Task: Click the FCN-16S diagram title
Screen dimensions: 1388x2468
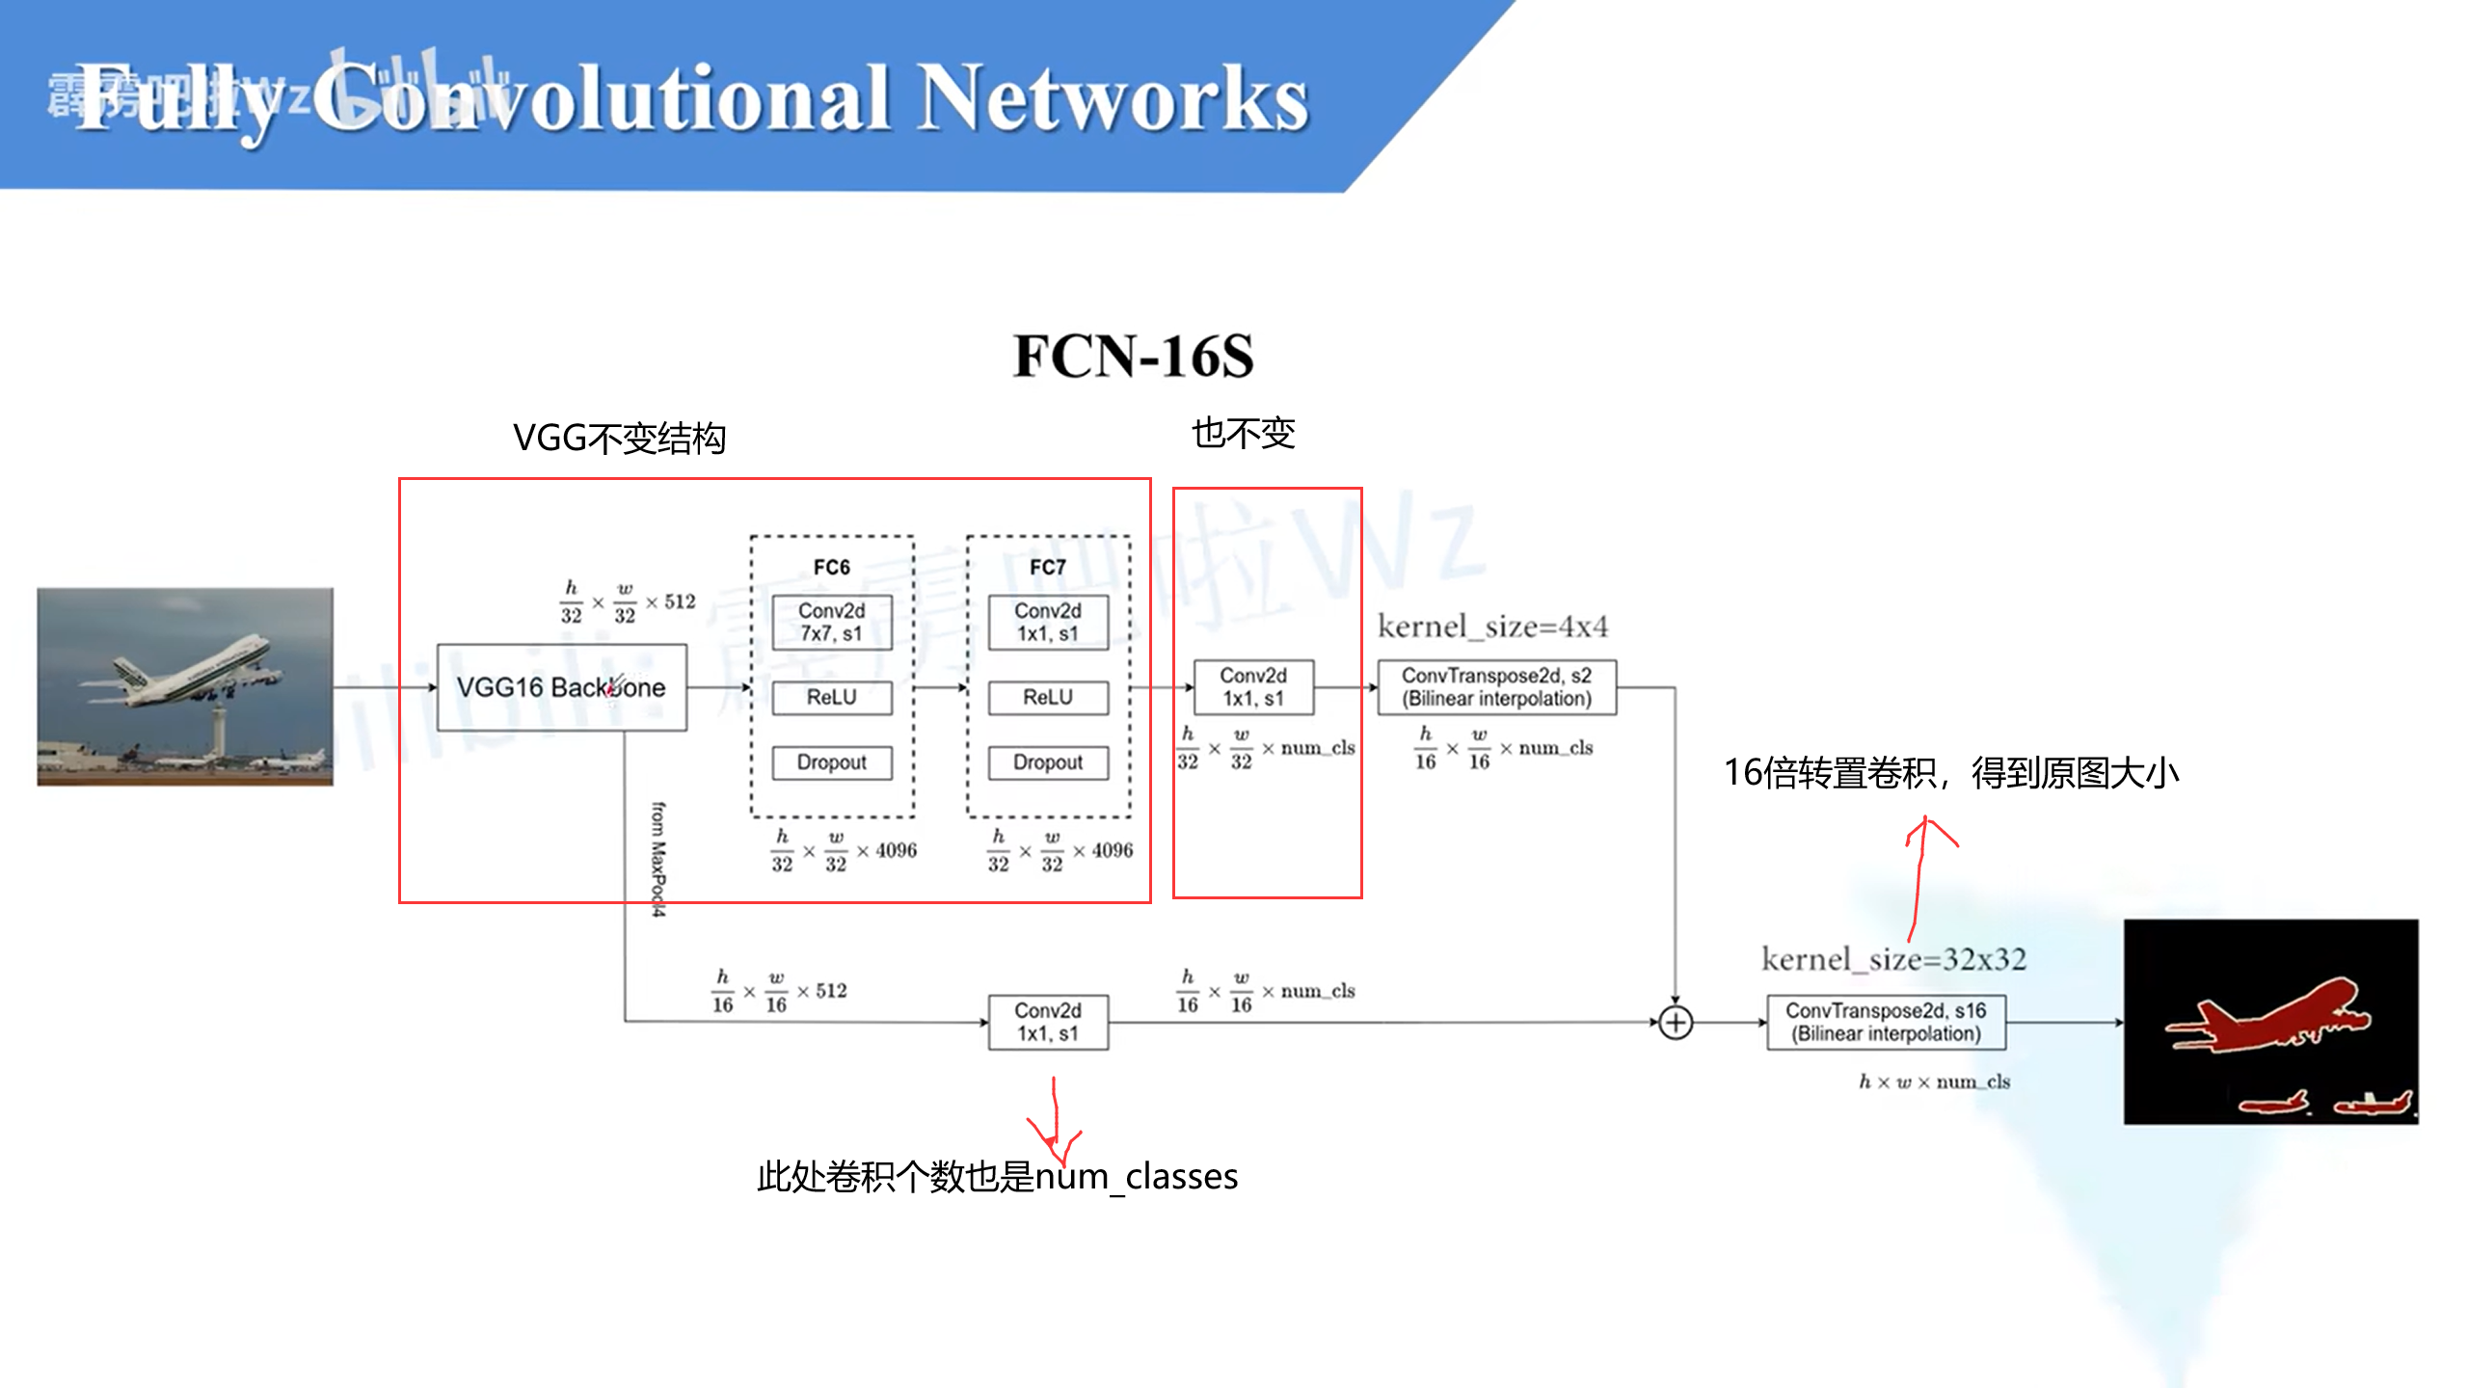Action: point(1133,356)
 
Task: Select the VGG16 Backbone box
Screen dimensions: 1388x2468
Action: point(561,687)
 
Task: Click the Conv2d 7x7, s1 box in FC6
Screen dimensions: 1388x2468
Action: point(831,622)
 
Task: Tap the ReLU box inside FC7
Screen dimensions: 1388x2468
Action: point(1047,697)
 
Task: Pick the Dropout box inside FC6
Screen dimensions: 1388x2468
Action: point(831,762)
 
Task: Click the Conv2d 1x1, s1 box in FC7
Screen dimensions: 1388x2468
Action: point(1047,622)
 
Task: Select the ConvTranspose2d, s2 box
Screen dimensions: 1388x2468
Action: point(1496,687)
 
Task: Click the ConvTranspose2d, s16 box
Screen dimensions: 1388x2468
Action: point(1886,1022)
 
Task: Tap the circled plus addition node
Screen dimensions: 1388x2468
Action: point(1676,1022)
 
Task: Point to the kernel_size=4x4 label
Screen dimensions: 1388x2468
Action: point(1492,627)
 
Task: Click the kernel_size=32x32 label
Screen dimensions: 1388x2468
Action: point(1893,959)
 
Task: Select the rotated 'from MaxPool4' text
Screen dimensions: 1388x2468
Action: point(657,858)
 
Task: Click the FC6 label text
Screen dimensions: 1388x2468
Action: point(831,567)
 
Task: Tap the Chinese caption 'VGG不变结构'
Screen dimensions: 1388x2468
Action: point(619,439)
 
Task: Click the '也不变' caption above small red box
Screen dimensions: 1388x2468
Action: point(1243,433)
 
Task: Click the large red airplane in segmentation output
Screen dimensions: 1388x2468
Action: point(2266,1017)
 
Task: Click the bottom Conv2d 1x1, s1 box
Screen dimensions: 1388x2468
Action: point(1047,1022)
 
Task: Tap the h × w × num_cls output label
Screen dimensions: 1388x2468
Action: point(1933,1081)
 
